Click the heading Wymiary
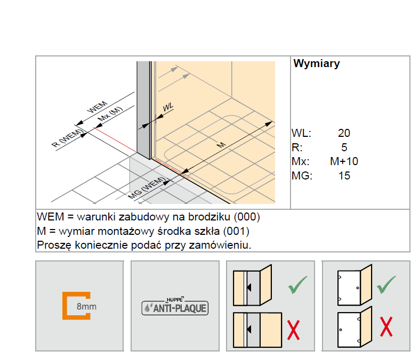point(317,64)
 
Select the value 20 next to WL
point(344,134)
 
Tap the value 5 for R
point(344,148)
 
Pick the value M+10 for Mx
point(344,161)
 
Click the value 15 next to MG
point(344,175)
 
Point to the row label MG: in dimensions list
point(302,175)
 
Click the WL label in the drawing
point(168,108)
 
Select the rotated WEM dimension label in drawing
point(98,105)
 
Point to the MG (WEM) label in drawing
point(147,189)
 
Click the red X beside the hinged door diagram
point(386,326)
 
